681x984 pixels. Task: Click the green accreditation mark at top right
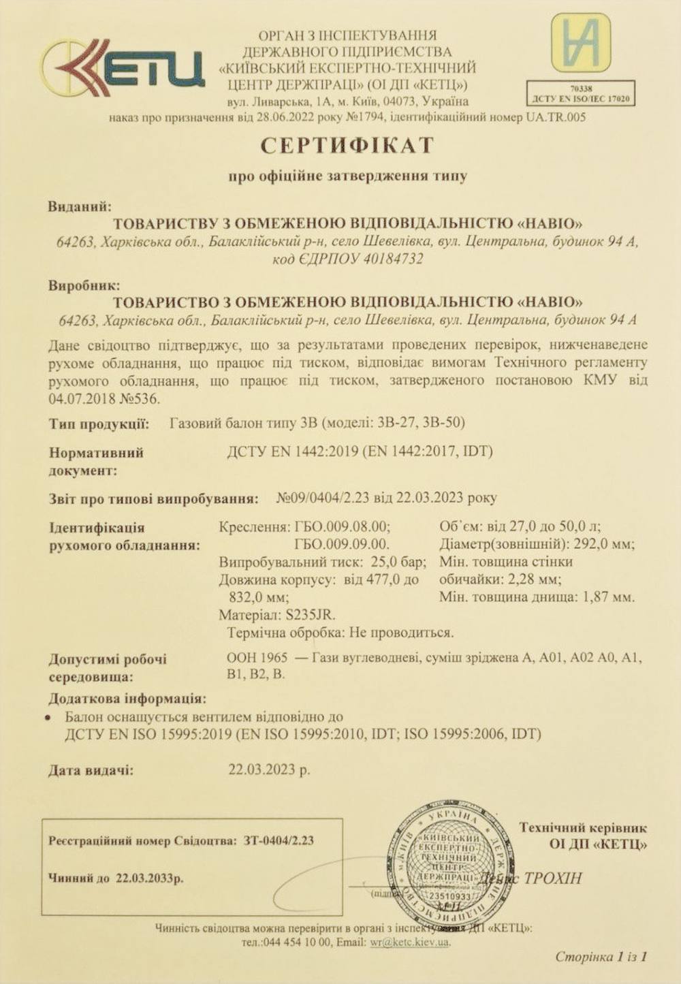(580, 42)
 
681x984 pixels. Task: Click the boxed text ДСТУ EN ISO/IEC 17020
(581, 98)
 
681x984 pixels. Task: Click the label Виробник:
(84, 285)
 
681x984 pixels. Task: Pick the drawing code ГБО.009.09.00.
(342, 544)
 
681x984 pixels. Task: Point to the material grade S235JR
(310, 615)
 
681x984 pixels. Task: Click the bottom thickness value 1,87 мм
(607, 597)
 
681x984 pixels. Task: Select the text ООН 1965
(257, 658)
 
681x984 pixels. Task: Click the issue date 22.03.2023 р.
(269, 770)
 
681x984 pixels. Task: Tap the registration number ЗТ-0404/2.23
(279, 840)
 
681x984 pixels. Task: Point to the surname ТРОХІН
(553, 878)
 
